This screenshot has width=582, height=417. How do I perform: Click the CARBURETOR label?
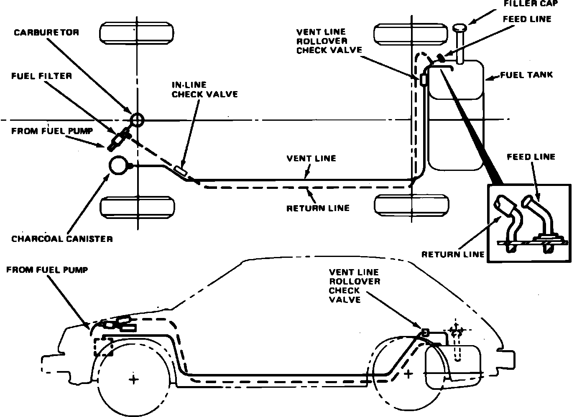coord(46,33)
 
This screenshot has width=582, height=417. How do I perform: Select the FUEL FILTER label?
coord(41,76)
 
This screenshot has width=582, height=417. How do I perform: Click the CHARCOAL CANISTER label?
coord(62,239)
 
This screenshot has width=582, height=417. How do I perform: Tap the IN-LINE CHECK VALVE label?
coord(204,89)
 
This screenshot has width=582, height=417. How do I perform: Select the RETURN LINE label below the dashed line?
coord(318,208)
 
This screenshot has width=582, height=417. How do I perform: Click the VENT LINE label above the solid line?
coord(311,158)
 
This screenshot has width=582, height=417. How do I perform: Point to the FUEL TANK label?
coord(526,75)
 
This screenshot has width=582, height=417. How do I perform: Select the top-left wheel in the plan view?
coord(137,33)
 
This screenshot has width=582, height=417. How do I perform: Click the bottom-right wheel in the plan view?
coord(412,205)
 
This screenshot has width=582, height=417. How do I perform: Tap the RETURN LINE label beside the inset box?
coord(453,254)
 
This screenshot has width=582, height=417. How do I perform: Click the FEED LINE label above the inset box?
coord(531,157)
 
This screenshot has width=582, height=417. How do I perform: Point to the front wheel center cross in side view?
coord(133,379)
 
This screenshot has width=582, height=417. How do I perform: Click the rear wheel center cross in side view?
coord(408,373)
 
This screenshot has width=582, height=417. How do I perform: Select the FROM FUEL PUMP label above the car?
coord(47,270)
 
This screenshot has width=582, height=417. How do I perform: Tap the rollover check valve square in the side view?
coord(425,332)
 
